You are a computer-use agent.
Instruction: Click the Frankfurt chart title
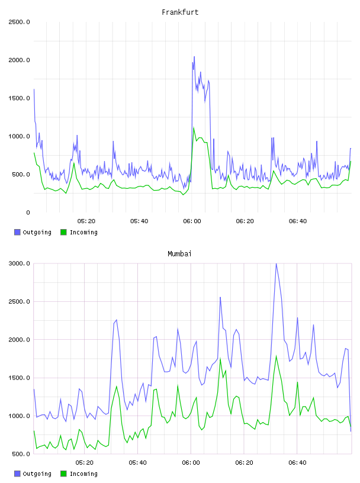tap(180, 12)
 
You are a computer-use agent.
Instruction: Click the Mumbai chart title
tap(179, 254)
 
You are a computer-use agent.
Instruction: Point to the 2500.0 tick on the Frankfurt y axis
tap(19, 22)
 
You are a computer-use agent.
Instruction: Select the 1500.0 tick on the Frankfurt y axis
tap(19, 98)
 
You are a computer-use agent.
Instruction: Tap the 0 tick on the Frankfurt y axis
tap(28, 212)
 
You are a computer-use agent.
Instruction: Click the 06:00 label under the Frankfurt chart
tap(192, 221)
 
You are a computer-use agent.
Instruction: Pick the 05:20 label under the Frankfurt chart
tap(86, 221)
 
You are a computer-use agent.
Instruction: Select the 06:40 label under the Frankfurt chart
tap(298, 221)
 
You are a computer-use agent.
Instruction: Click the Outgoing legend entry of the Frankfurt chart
tap(33, 232)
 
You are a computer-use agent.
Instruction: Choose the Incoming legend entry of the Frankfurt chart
tap(79, 232)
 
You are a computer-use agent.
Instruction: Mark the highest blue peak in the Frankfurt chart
tap(194, 57)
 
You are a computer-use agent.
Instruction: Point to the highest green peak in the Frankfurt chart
tap(194, 127)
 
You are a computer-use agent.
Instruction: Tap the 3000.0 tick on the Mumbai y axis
tap(19, 263)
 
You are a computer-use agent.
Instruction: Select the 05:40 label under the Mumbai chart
tap(138, 463)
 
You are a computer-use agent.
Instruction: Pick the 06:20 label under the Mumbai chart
tap(244, 463)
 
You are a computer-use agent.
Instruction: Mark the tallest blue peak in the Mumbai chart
tap(276, 263)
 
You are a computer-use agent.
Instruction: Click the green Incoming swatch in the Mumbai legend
tap(63, 474)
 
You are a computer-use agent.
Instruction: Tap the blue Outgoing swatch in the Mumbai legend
tap(17, 474)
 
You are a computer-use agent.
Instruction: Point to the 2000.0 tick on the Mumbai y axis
tap(19, 340)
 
